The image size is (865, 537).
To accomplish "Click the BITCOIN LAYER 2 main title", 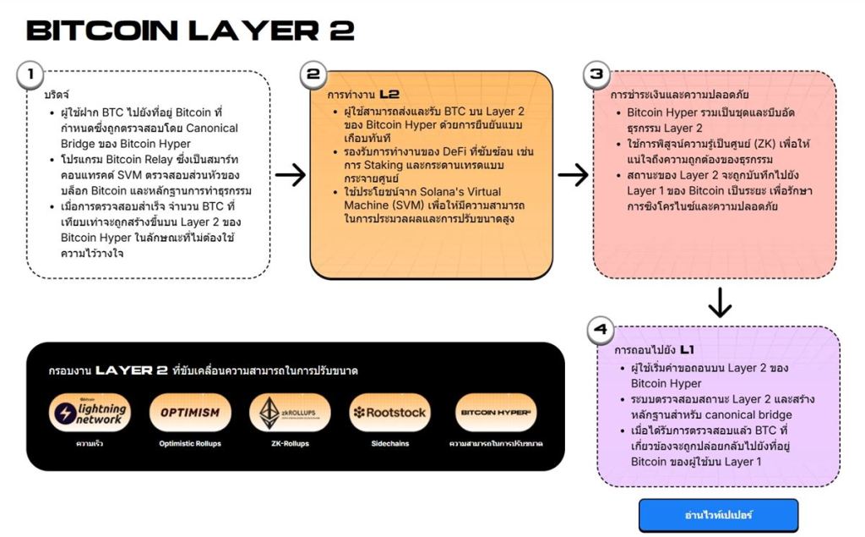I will pyautogui.click(x=190, y=31).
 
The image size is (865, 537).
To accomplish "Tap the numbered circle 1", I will pyautogui.click(x=30, y=74).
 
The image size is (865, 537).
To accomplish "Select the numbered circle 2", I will pyautogui.click(x=313, y=74).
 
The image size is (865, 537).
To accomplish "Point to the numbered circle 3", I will pyautogui.click(x=597, y=74).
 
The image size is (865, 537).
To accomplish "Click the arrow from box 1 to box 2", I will pyautogui.click(x=291, y=175).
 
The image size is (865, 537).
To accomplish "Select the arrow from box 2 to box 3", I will pyautogui.click(x=574, y=175).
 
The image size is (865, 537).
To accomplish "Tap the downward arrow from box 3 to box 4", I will pyautogui.click(x=720, y=303).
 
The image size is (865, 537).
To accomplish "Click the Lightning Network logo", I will pyautogui.click(x=89, y=412).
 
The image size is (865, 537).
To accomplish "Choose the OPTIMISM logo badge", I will pyautogui.click(x=190, y=413).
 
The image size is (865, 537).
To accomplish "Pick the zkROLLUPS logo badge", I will pyautogui.click(x=290, y=412).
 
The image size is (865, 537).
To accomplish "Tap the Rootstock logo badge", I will pyautogui.click(x=389, y=413).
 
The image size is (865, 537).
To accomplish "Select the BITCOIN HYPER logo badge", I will pyautogui.click(x=496, y=413).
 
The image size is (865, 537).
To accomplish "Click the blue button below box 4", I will pyautogui.click(x=718, y=515).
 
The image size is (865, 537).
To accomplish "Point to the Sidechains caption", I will pyautogui.click(x=389, y=443).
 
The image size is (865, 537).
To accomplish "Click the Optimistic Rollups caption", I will pyautogui.click(x=190, y=443).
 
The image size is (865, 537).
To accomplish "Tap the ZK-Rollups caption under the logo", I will pyautogui.click(x=290, y=443).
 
